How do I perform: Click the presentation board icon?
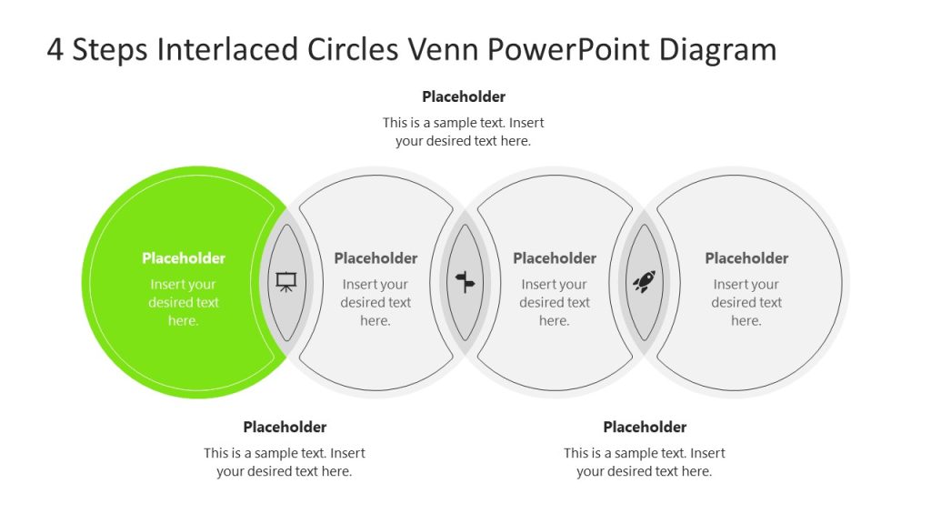pos(286,282)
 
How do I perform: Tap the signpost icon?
pos(465,282)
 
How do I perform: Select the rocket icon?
pos(644,282)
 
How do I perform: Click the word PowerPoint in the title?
pos(572,49)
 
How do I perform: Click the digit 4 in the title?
pos(55,49)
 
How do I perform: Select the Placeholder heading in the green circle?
pos(184,258)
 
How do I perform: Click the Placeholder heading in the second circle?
pos(375,258)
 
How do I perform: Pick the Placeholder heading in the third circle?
pos(555,258)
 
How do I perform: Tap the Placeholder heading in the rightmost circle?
pos(746,258)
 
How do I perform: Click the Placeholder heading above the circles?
pos(464,96)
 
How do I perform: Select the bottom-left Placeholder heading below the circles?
pos(285,427)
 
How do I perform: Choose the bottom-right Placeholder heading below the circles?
pos(645,427)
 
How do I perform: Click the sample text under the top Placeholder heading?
pos(464,132)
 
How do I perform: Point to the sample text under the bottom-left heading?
pos(285,462)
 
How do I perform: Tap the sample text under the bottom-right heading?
pos(645,462)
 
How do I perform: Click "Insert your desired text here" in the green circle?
pos(184,303)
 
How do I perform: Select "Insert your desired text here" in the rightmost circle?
pos(746,303)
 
